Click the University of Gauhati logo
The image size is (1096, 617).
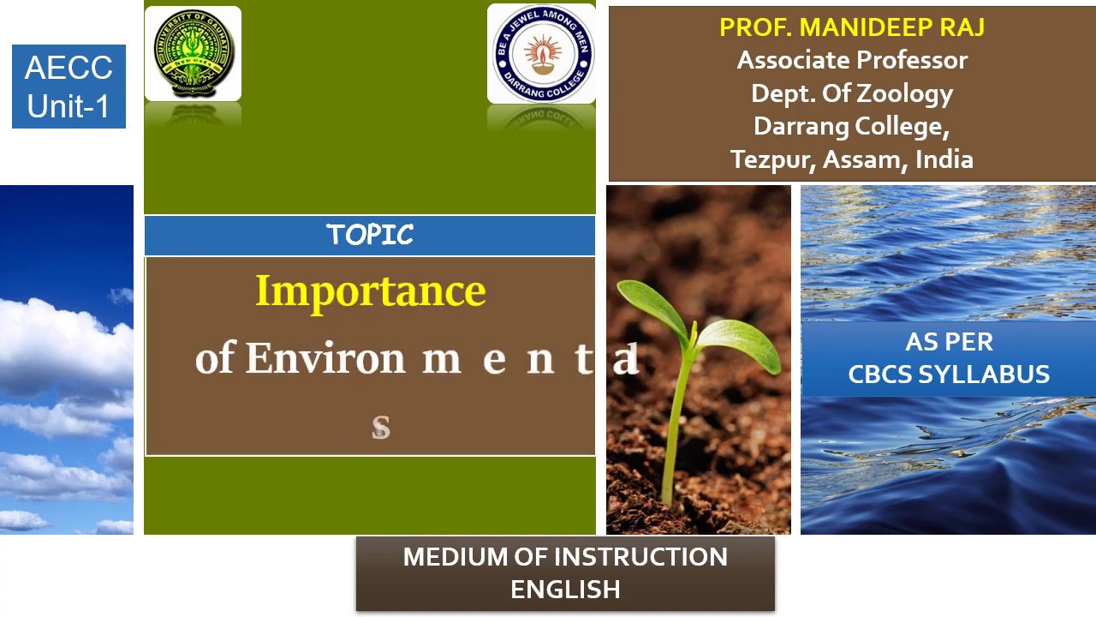tap(193, 54)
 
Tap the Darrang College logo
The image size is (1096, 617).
tap(541, 54)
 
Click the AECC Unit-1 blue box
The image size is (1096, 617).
tap(68, 87)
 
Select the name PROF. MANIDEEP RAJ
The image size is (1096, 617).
tap(851, 27)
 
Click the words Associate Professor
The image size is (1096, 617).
tap(851, 60)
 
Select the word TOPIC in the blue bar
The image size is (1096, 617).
tap(370, 235)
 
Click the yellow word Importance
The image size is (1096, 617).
tap(370, 291)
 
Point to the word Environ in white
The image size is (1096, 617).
tap(325, 358)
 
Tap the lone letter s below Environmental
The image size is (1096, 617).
tap(381, 426)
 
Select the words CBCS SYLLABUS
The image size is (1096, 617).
tap(948, 374)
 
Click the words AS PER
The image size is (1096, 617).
tap(948, 342)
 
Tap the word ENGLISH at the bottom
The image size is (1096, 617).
tap(565, 590)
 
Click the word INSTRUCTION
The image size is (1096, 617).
tap(634, 557)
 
